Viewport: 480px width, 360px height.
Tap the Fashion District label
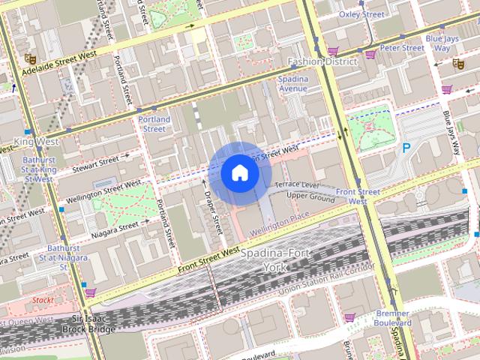pos(322,61)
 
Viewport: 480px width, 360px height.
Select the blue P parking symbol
pos(406,148)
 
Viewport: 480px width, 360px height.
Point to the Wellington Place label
pos(280,216)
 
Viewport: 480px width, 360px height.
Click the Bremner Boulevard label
pos(392,317)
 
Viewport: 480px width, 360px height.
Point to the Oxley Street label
pos(361,14)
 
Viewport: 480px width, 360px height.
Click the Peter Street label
pos(402,48)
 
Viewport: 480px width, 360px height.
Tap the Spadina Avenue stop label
pos(293,83)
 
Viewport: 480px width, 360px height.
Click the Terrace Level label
pos(297,184)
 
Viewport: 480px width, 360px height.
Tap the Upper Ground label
pos(310,197)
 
